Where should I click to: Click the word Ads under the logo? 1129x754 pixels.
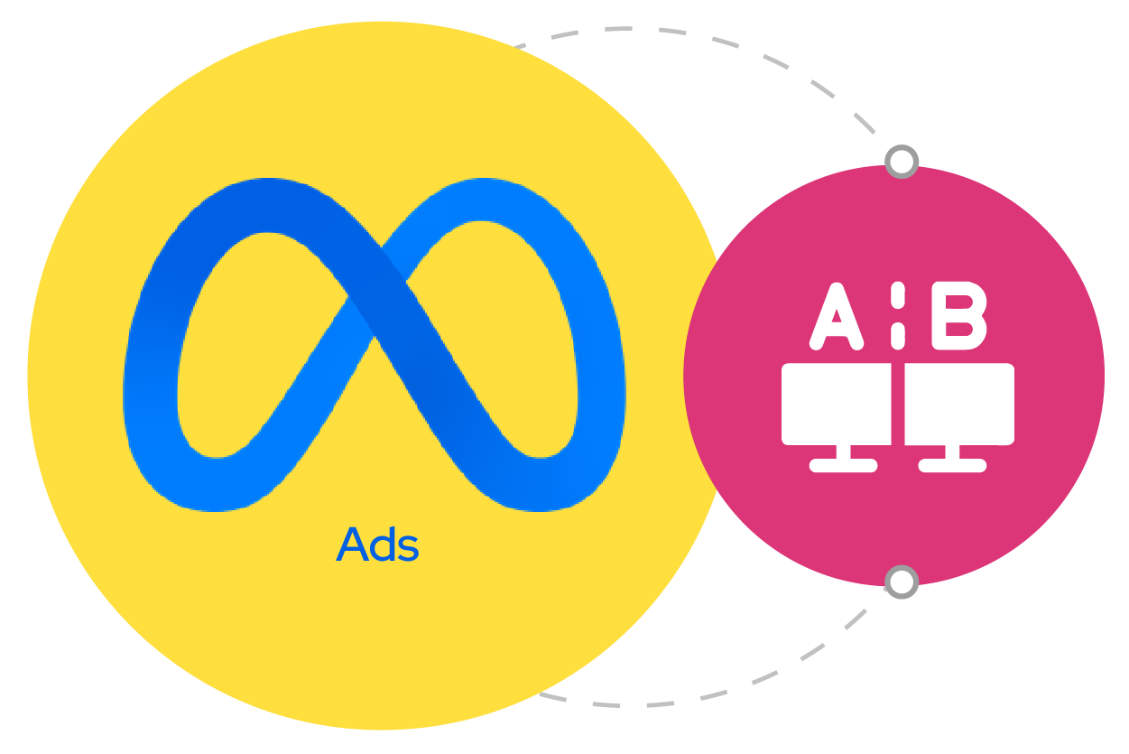(x=377, y=545)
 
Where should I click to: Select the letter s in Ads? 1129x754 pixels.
(x=408, y=549)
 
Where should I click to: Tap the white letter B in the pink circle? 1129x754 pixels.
(x=958, y=316)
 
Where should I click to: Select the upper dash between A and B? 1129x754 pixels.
(x=898, y=295)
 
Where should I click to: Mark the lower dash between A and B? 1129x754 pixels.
(x=898, y=336)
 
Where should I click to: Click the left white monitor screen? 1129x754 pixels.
(x=837, y=404)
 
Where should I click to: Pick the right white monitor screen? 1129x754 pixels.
(x=959, y=404)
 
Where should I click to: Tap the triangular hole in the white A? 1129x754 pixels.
(x=837, y=317)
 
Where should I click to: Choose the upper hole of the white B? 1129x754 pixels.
(x=958, y=302)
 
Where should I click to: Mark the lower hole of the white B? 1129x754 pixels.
(x=958, y=329)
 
